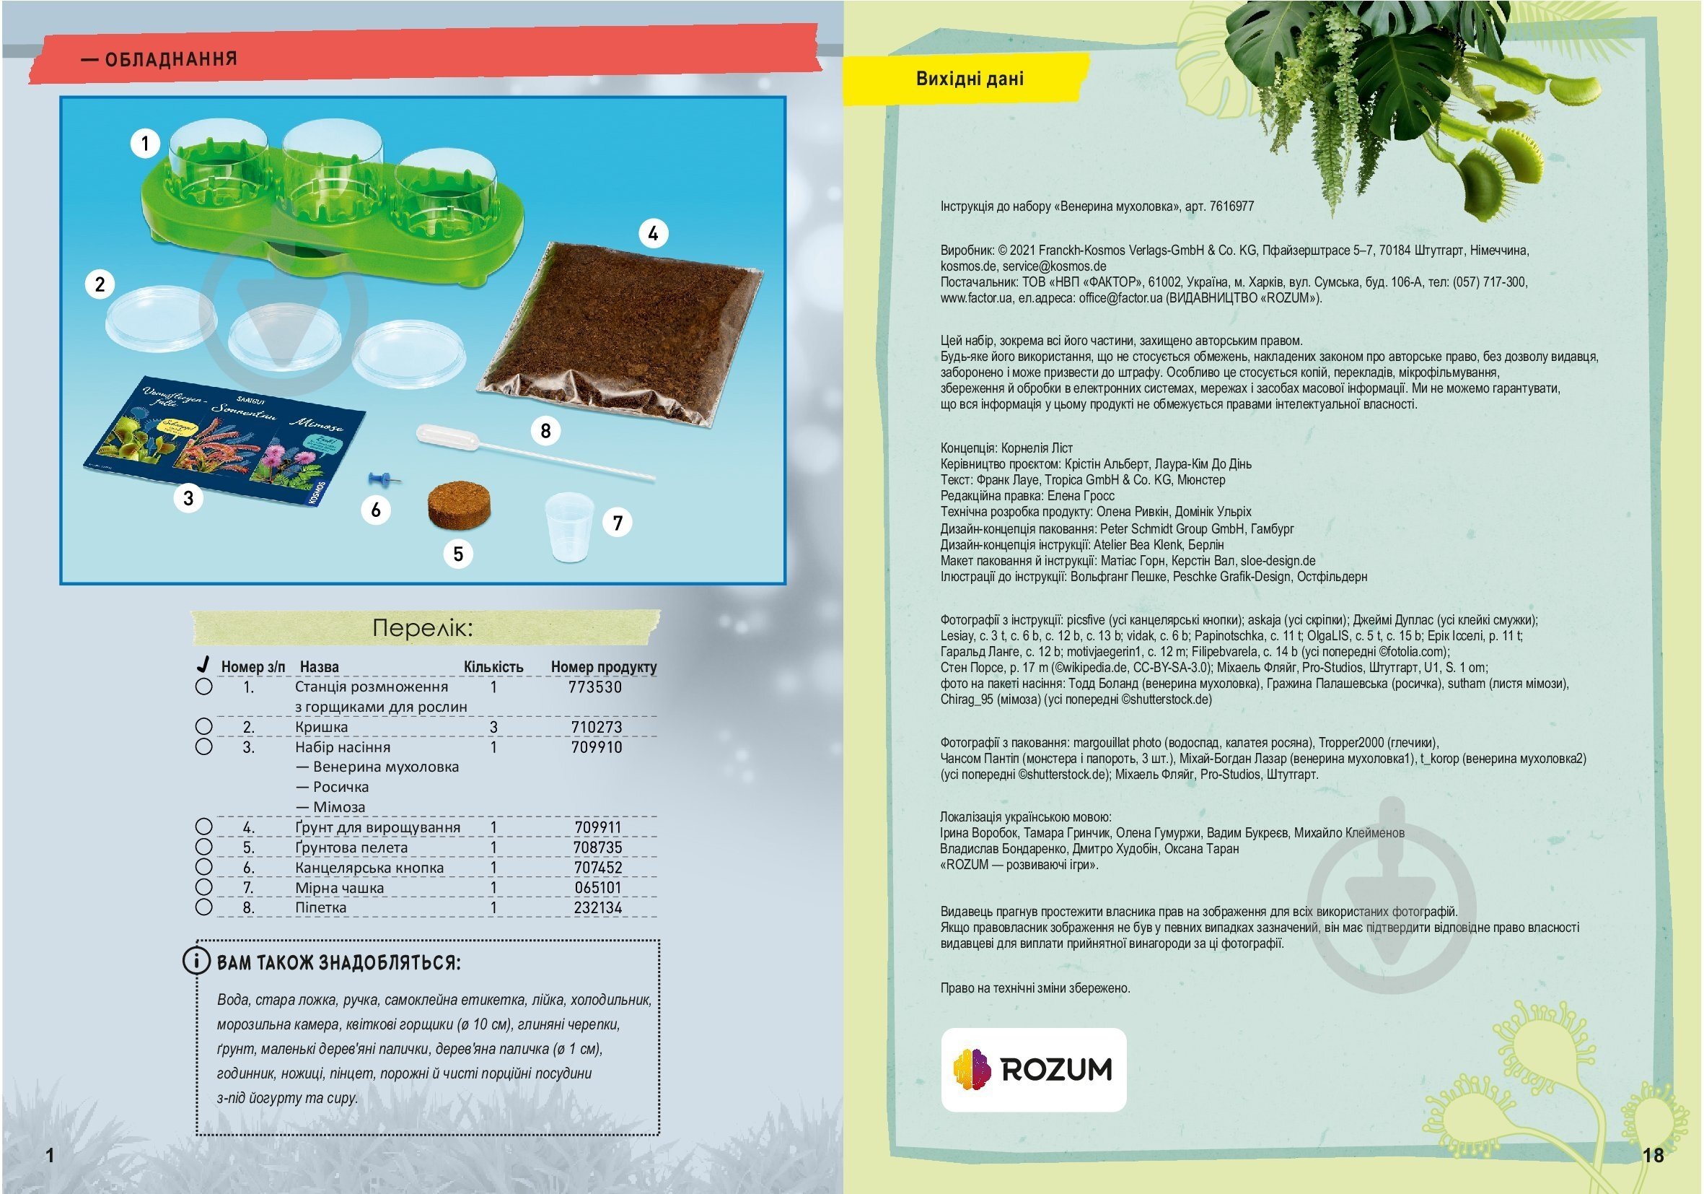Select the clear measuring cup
coord(569,526)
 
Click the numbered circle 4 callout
coord(653,234)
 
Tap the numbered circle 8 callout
coord(545,431)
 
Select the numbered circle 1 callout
coord(146,144)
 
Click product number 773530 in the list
coord(595,687)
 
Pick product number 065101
coord(597,888)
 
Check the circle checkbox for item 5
coord(203,847)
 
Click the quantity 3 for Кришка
coord(493,727)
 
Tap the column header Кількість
coord(493,667)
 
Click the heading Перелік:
coord(423,628)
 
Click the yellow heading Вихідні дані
coord(970,79)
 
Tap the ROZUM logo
coord(1033,1069)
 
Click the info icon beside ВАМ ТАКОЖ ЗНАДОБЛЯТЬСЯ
coord(196,961)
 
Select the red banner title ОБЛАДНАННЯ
coord(171,59)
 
